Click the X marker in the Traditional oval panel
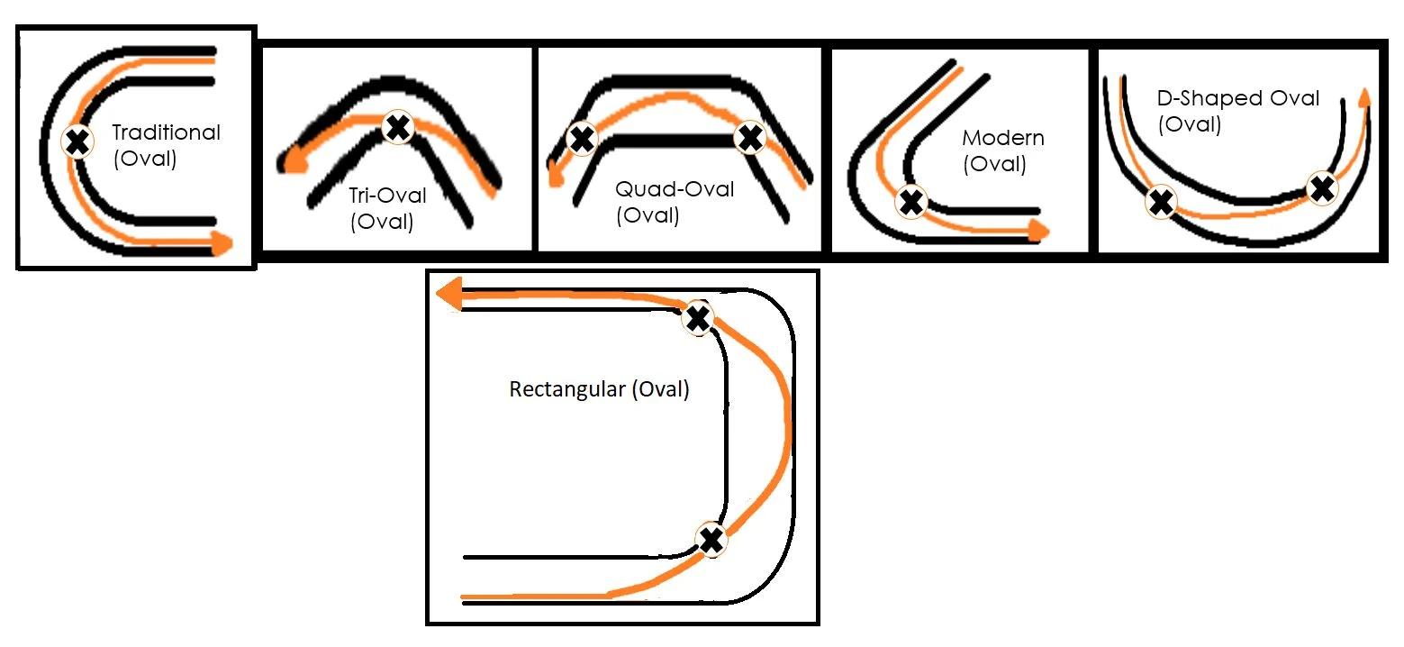click(x=77, y=141)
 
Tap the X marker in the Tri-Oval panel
click(x=398, y=128)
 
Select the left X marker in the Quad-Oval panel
click(x=582, y=139)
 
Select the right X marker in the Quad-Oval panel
click(x=750, y=138)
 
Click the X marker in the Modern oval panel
click(x=911, y=202)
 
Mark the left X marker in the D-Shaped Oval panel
click(x=1161, y=202)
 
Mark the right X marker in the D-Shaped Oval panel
click(x=1323, y=188)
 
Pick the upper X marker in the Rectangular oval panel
click(x=698, y=318)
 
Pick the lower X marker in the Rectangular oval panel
click(x=711, y=540)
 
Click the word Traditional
click(x=166, y=132)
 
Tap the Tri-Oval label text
click(x=387, y=196)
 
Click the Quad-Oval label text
click(x=675, y=189)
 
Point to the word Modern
click(x=1003, y=138)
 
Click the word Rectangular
click(x=567, y=389)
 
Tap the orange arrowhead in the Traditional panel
click(x=222, y=242)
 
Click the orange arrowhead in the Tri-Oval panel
click(x=293, y=161)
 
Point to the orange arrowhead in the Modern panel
click(x=1039, y=230)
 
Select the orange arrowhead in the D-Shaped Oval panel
click(x=1363, y=97)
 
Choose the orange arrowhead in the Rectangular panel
click(x=448, y=294)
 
